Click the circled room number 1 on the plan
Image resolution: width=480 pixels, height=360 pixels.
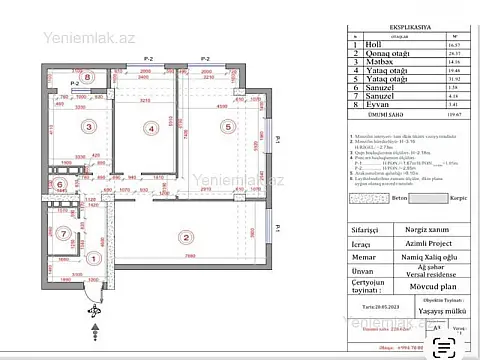click(x=92, y=257)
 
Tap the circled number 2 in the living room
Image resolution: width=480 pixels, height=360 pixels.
click(x=185, y=237)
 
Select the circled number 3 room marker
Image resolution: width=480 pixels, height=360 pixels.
click(x=88, y=127)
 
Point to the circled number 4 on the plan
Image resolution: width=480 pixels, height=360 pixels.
click(x=152, y=128)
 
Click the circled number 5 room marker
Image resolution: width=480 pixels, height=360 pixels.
click(x=228, y=127)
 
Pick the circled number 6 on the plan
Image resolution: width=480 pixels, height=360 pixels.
click(x=59, y=185)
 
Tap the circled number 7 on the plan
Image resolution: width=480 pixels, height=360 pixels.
click(x=63, y=235)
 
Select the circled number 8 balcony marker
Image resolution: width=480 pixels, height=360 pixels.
click(x=87, y=76)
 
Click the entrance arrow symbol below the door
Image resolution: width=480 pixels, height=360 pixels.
click(x=94, y=313)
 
